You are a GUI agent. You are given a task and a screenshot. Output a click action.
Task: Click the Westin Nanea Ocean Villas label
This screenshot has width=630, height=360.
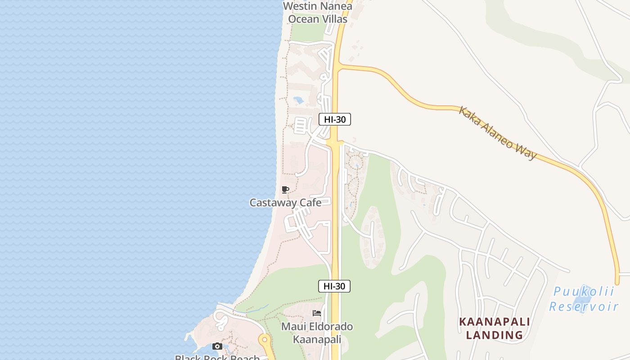click(318, 13)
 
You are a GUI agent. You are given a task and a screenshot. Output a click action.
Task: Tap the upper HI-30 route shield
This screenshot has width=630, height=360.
click(334, 119)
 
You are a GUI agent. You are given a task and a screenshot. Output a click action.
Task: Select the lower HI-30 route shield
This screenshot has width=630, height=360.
click(334, 286)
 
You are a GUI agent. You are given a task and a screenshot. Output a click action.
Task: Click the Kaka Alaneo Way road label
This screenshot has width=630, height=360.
click(498, 133)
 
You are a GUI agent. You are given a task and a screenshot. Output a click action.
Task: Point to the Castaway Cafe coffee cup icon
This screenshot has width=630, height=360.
click(285, 189)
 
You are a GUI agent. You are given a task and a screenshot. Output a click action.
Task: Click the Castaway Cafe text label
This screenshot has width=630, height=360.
click(285, 202)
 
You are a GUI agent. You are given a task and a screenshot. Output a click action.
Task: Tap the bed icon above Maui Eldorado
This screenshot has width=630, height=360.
click(317, 313)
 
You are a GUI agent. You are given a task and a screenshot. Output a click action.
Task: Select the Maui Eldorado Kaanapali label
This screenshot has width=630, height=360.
click(317, 333)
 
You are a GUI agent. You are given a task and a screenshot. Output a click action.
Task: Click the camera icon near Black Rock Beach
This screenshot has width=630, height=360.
click(217, 346)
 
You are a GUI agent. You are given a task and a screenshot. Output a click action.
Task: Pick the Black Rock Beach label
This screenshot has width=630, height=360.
click(217, 357)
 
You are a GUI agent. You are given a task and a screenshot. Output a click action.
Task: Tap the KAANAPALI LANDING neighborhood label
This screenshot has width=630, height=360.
click(494, 328)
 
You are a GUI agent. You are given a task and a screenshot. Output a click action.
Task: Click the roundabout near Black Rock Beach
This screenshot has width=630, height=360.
click(264, 339)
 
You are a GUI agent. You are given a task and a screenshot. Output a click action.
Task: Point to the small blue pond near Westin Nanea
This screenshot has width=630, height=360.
click(298, 100)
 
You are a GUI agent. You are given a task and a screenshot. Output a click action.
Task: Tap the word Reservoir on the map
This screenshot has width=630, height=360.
click(584, 307)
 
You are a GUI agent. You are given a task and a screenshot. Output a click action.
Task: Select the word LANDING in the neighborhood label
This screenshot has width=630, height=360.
click(494, 335)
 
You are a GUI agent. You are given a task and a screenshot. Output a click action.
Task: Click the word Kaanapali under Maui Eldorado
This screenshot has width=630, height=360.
click(317, 339)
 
